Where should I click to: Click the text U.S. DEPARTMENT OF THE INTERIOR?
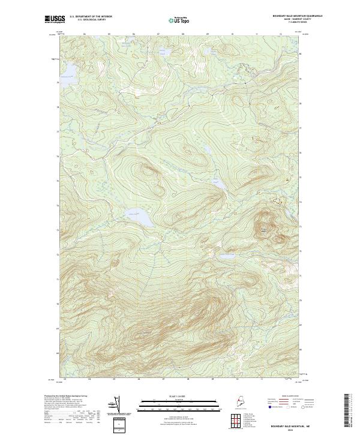tap(91, 16)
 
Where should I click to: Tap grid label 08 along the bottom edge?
tap(188, 379)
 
